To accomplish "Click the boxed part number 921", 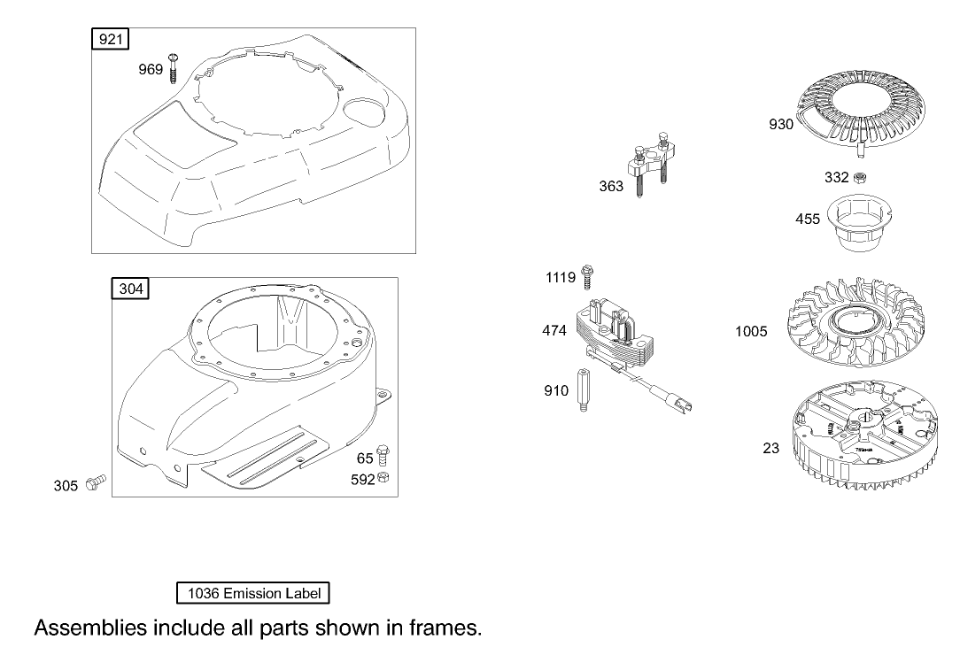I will [x=112, y=38].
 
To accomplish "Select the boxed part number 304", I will [x=130, y=289].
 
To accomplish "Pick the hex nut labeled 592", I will [x=383, y=479].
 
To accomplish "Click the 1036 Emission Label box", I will [x=253, y=593].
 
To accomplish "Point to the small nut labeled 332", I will [x=859, y=178].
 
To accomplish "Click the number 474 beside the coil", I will [x=554, y=331].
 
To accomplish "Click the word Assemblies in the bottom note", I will [x=89, y=628].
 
